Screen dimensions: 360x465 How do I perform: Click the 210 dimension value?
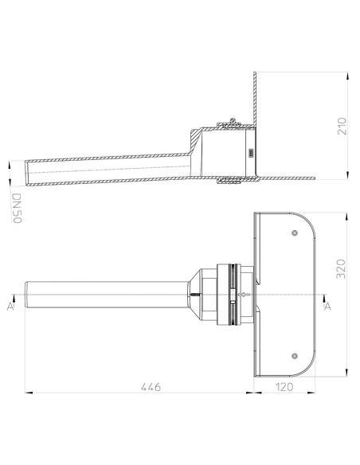coord(342,126)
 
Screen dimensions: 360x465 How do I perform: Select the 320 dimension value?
coord(342,269)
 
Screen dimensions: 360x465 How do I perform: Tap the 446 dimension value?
coord(151,387)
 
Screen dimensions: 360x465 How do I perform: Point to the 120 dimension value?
coord(284,387)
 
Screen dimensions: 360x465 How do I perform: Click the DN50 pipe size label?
coord(17,208)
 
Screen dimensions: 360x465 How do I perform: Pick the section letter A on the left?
coord(10,307)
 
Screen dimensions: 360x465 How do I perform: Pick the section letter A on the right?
coord(327,307)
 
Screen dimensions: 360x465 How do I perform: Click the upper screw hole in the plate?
coord(295,233)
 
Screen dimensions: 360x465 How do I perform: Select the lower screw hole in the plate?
coord(295,356)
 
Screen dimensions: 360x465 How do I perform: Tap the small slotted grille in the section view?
coord(251,153)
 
